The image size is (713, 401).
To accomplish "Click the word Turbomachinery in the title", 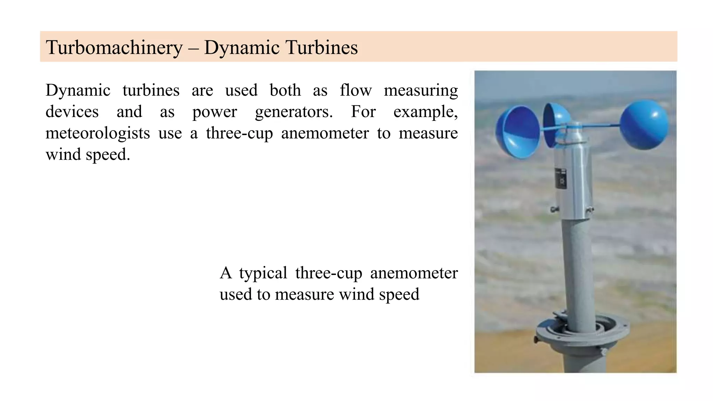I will pos(114,48).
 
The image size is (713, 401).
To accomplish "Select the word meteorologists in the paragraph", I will pos(97,133).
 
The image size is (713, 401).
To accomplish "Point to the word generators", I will pos(293,112).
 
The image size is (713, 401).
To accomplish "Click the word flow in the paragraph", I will pos(355,90).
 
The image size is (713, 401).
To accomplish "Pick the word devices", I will pos(72,112).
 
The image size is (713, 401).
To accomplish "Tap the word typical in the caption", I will pos(263,273).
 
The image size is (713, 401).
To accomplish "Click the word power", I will pos(214,112).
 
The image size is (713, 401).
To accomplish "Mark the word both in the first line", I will pos(285,90).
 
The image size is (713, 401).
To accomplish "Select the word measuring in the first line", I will pos(421,91).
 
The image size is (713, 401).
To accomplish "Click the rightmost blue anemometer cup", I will pos(644,125).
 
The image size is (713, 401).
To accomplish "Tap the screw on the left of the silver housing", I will pos(553,210).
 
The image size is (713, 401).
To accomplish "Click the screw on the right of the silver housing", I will pos(590,210).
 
